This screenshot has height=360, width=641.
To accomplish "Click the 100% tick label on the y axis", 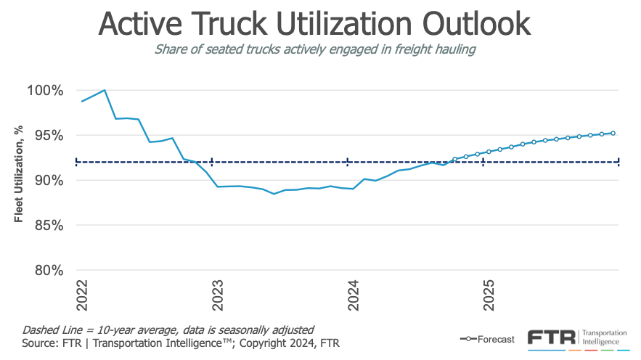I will (45, 91).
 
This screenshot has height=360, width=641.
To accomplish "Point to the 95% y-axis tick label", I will (48, 136).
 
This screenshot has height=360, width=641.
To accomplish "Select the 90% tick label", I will (48, 180).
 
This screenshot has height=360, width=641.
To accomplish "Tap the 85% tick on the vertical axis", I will (48, 225).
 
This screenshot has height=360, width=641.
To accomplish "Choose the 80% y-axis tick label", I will (48, 270).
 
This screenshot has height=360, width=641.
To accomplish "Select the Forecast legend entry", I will (487, 339).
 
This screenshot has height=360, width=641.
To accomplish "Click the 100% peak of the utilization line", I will (105, 90).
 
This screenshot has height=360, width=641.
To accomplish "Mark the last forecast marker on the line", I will (613, 133).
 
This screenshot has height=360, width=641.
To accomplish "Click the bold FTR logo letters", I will (550, 337).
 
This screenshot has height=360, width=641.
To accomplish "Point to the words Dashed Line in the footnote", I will (52, 329).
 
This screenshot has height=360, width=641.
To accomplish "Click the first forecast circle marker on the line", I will (455, 159).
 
